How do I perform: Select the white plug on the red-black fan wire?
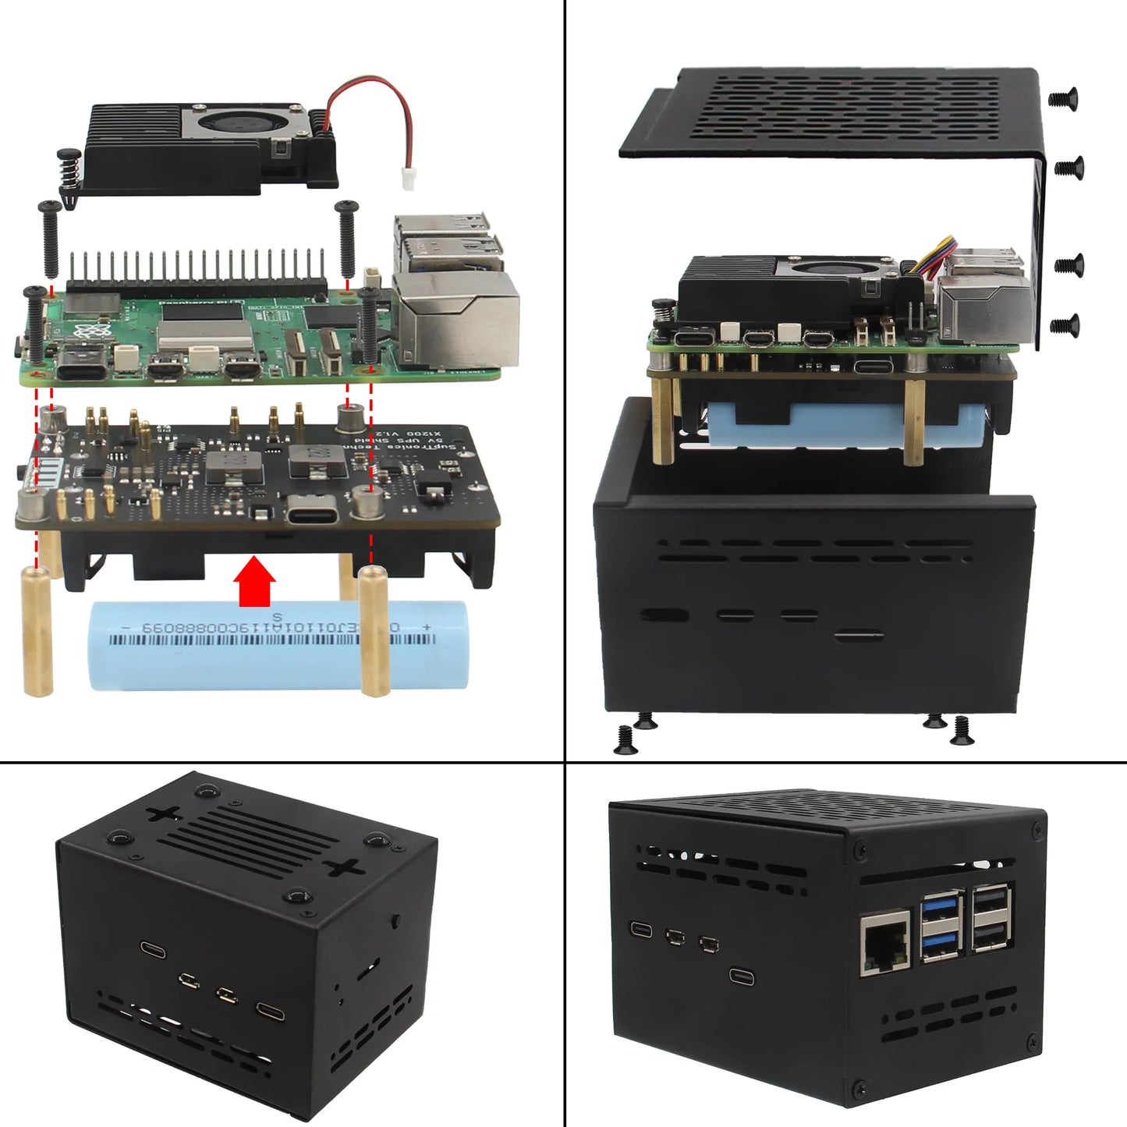point(408,178)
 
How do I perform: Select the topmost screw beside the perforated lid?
point(1063,97)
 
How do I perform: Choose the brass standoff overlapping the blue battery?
point(374,632)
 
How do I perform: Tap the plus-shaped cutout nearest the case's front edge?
point(344,867)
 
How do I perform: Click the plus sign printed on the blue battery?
point(426,626)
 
